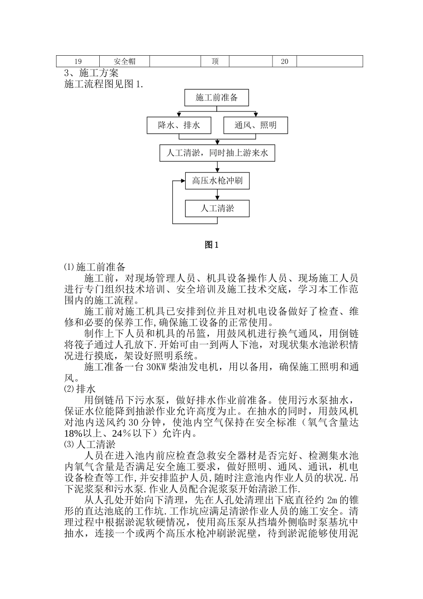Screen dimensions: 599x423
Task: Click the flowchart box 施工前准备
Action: tap(217, 98)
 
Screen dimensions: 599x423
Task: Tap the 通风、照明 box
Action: tap(256, 125)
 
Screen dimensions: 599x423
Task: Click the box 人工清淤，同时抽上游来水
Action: tap(217, 153)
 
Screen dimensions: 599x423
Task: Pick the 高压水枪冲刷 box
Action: tap(217, 181)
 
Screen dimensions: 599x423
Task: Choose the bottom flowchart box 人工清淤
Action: tap(217, 208)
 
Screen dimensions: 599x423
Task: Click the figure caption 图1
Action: tap(211, 245)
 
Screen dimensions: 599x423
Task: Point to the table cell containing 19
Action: tap(78, 62)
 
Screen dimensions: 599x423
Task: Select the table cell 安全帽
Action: tap(125, 62)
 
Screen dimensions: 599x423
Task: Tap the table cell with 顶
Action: tap(215, 62)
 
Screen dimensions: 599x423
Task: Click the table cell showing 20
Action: tap(285, 62)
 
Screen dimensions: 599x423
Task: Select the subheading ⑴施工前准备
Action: tap(95, 267)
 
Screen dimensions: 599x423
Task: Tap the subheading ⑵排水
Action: tap(80, 389)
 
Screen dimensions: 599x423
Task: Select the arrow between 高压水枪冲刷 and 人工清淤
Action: tap(217, 194)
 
